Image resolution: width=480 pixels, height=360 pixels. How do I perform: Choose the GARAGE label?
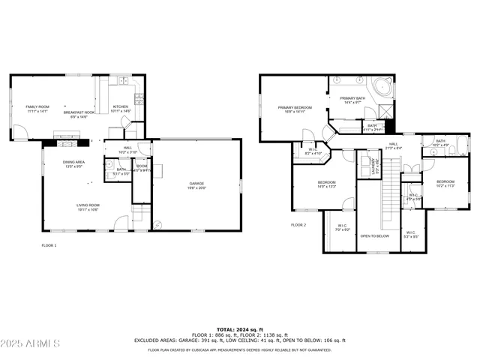pos(196,184)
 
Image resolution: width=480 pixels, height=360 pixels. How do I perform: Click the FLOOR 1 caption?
pos(48,245)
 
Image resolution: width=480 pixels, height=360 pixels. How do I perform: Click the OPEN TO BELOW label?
pos(374,236)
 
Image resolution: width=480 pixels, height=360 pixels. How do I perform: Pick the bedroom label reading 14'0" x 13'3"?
pos(326,184)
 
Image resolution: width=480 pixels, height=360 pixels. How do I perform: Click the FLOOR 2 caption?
pos(298,225)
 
